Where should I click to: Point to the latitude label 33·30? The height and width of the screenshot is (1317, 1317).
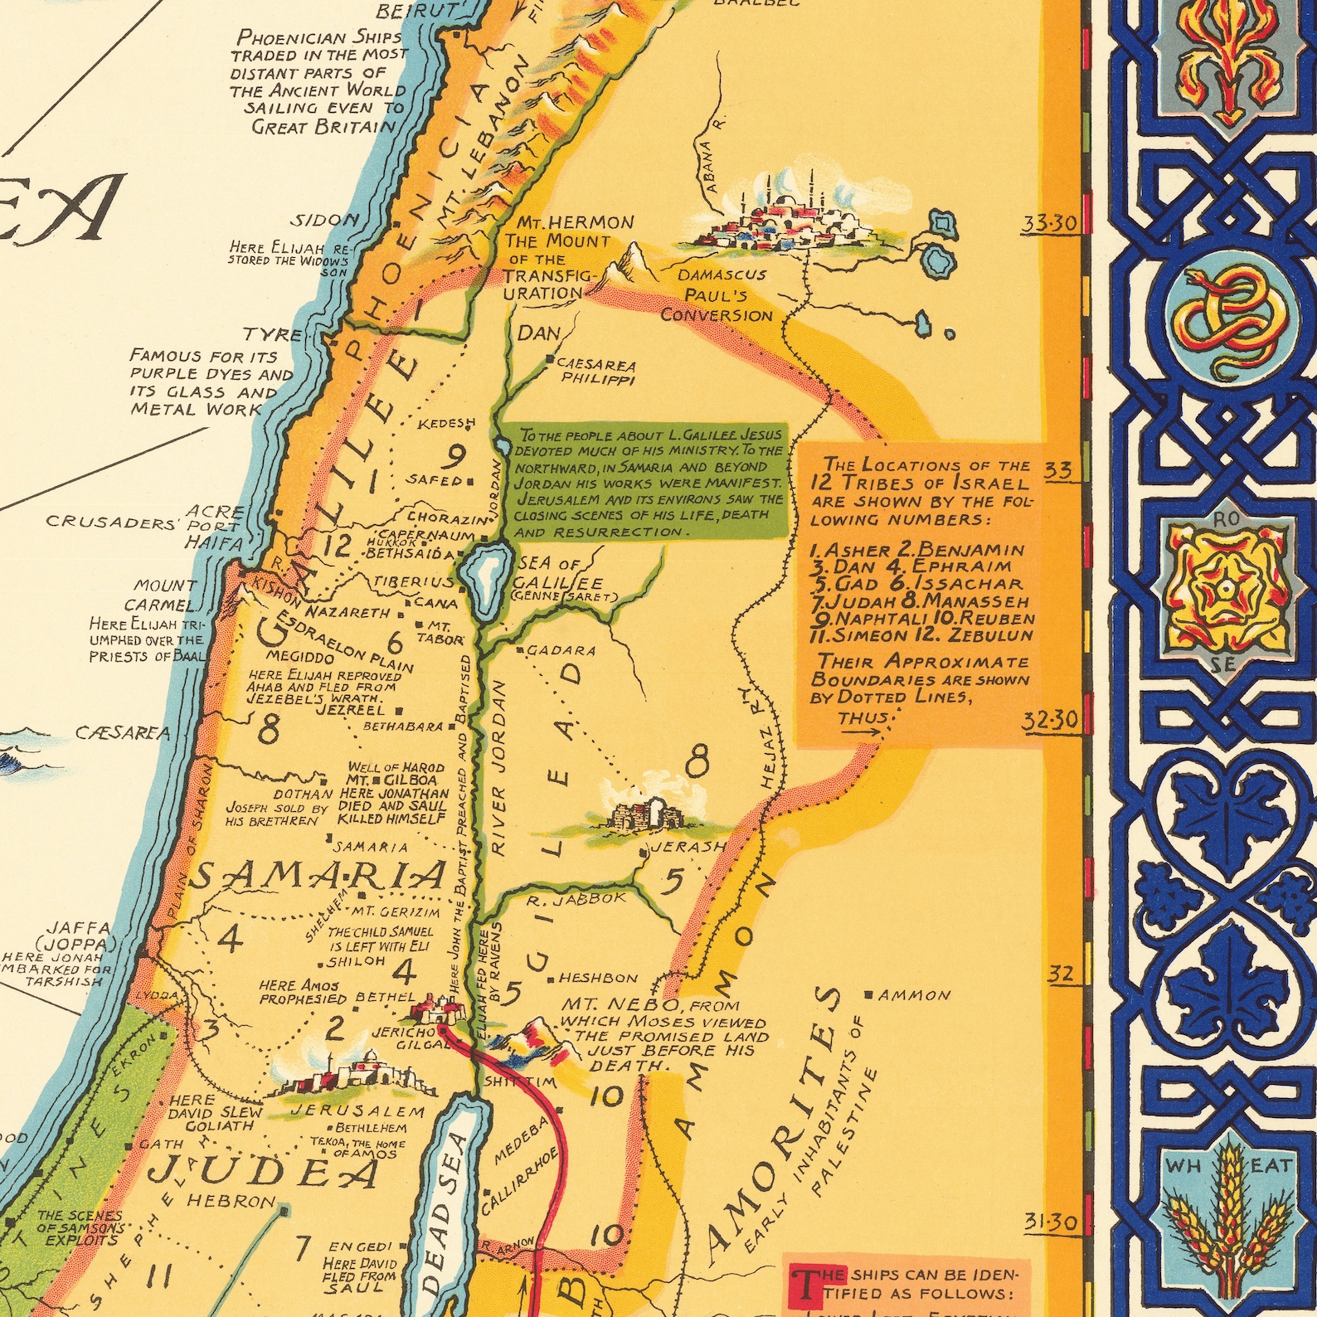coord(1049,223)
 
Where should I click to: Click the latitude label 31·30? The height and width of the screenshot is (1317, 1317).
coord(1050,1221)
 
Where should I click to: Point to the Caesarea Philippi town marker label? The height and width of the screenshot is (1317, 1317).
coord(595,371)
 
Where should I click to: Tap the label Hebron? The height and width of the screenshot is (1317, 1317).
coord(231,1200)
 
